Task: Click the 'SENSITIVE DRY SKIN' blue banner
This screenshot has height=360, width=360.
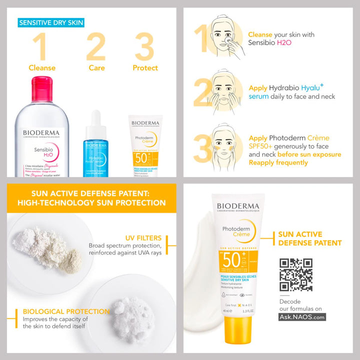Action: pyautogui.click(x=50, y=22)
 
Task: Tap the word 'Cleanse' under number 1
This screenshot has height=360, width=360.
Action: pyautogui.click(x=42, y=68)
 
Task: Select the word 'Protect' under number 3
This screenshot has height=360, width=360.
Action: pyautogui.click(x=145, y=68)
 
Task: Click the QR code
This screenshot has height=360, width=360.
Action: pyautogui.click(x=296, y=274)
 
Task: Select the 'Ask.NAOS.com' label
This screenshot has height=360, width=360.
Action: pyautogui.click(x=302, y=317)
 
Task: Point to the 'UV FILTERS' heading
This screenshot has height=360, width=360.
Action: pyautogui.click(x=143, y=238)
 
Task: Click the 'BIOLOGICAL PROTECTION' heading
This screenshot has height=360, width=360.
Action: pyautogui.click(x=66, y=311)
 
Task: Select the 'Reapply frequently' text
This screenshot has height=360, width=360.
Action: pyautogui.click(x=278, y=162)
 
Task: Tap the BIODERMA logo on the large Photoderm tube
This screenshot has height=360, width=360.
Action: pyautogui.click(x=238, y=206)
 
